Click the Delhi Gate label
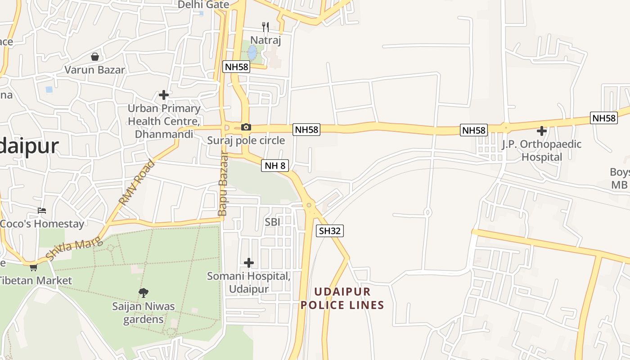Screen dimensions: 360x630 (203, 5)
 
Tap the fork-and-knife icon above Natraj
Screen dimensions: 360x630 (265, 27)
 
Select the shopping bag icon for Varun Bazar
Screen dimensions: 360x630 (95, 57)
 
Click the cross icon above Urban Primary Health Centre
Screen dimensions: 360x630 (164, 95)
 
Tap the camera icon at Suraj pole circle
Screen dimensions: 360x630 (246, 127)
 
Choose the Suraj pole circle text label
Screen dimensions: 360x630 (246, 140)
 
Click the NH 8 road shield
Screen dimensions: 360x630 (275, 166)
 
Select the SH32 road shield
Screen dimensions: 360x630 (330, 231)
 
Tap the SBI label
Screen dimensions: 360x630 (272, 222)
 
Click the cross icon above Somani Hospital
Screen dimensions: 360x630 (248, 262)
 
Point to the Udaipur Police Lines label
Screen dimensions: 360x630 (342, 298)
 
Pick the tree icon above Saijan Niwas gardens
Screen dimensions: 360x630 (144, 293)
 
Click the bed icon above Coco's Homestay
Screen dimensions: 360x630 (42, 211)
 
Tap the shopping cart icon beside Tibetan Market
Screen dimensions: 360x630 (33, 267)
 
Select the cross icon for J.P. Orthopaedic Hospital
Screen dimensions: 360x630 (542, 131)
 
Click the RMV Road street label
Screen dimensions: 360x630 (137, 183)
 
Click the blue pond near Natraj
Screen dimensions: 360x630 (252, 53)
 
